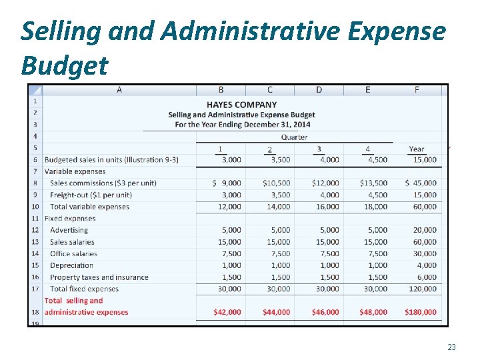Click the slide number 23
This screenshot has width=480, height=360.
(x=451, y=347)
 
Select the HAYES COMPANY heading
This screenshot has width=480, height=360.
(x=241, y=105)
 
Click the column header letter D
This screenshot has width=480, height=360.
(x=319, y=90)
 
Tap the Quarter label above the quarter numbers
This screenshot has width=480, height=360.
(x=294, y=137)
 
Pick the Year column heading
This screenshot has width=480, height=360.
(x=417, y=149)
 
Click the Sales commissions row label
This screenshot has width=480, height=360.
(x=103, y=183)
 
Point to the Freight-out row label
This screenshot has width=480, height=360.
(x=91, y=195)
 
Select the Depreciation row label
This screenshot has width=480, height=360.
(x=73, y=265)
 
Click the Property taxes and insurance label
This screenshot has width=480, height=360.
(x=99, y=277)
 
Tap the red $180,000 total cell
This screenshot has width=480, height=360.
(x=421, y=312)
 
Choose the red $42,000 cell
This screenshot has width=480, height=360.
(x=227, y=312)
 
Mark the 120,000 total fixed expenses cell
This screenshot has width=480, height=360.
(x=423, y=289)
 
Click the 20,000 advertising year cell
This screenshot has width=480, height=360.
(x=425, y=230)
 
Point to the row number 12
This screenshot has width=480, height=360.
(x=35, y=230)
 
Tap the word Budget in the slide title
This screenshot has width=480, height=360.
(x=64, y=65)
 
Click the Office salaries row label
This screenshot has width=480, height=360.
(x=73, y=253)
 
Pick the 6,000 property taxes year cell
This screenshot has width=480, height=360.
(x=427, y=277)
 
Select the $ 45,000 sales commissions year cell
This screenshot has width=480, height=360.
(x=421, y=183)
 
